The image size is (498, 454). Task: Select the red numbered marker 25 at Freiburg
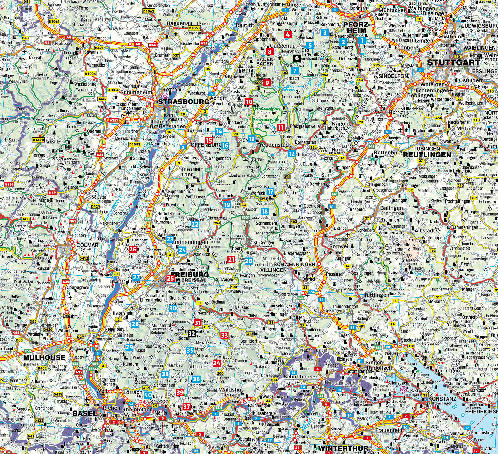click(170, 278)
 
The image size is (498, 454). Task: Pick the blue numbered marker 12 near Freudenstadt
click(292, 153)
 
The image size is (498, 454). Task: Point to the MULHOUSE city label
click(44, 357)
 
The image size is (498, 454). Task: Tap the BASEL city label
click(85, 413)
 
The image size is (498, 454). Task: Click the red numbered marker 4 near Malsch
click(288, 35)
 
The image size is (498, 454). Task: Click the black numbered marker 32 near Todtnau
click(192, 333)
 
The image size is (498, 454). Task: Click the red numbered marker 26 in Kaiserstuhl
click(133, 250)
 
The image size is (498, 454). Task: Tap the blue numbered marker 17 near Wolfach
click(270, 191)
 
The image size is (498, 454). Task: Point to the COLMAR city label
click(88, 245)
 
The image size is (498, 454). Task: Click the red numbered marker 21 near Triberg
click(231, 260)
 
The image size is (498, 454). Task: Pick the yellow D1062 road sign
click(148, 11)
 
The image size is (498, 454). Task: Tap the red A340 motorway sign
click(153, 45)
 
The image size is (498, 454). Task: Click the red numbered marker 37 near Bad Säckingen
click(187, 406)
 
